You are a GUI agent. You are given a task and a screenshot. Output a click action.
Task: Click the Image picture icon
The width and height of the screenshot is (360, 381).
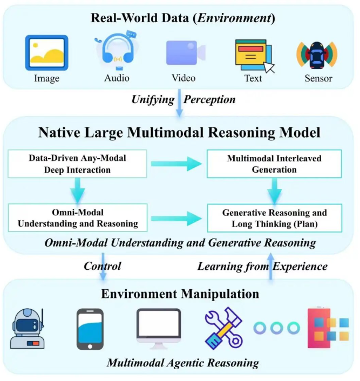pos(46,53)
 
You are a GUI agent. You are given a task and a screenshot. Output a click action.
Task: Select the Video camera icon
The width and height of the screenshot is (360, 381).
pos(185,53)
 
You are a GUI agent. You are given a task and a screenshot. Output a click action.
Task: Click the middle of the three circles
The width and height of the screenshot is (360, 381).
pos(277,328)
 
